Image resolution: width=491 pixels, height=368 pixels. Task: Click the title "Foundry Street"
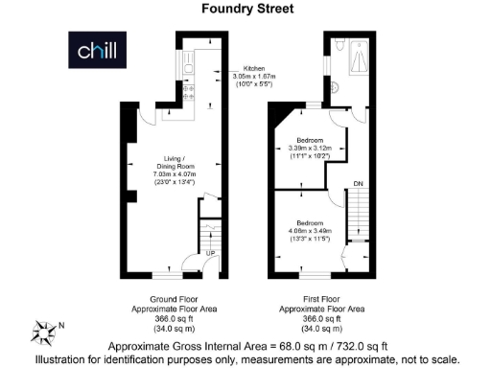pos(245,9)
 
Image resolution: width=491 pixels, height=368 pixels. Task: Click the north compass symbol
pos(45,330)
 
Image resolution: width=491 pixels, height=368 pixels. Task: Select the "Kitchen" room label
pos(253,68)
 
